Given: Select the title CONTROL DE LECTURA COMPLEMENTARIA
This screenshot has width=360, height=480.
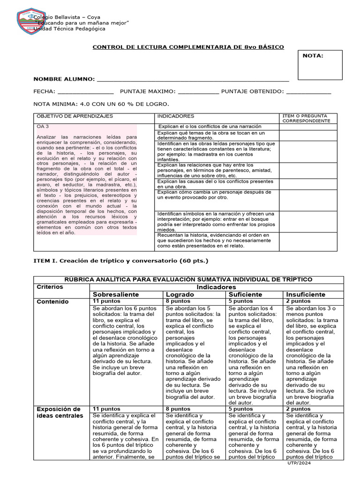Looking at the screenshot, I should tap(187, 47).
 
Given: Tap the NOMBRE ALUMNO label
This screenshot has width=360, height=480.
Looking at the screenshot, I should tap(63, 79).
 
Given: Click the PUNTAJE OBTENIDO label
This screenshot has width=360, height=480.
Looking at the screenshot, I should tap(252, 91).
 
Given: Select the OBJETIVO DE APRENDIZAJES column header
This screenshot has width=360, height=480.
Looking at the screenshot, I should tap(75, 116).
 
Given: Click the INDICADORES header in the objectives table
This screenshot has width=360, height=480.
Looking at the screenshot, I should tap(176, 116).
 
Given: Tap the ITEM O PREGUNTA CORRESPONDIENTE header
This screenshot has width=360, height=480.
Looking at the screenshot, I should tap(305, 118).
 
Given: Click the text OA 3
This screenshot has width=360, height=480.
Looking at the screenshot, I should tap(43, 127).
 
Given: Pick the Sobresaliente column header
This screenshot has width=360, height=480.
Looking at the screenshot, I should tap(116, 294).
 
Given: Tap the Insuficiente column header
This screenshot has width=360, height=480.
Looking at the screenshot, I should tap(306, 294).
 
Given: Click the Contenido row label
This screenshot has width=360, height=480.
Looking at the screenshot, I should tap(52, 301).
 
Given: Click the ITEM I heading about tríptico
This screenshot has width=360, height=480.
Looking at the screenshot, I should tap(120, 260).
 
